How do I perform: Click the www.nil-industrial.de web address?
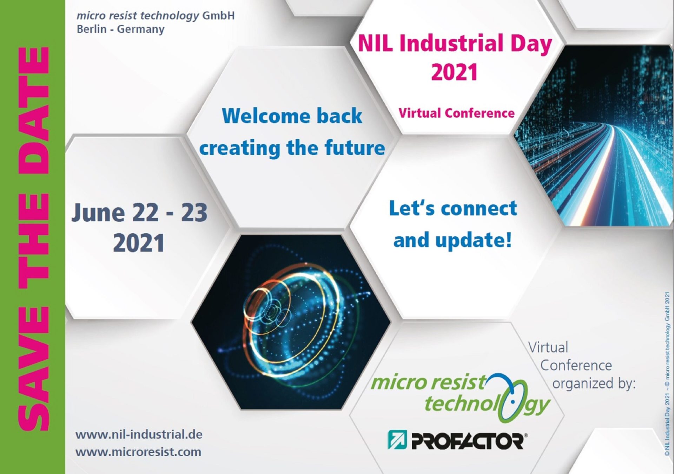[139, 434]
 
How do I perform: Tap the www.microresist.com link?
[138, 452]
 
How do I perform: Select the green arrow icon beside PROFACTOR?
[397, 440]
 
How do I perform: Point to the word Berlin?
[92, 29]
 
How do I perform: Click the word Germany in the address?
[140, 29]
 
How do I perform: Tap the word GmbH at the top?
[218, 15]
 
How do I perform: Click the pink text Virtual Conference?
[456, 113]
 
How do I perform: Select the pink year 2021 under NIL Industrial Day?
[455, 72]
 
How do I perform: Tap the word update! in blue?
[473, 240]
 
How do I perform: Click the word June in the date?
[98, 213]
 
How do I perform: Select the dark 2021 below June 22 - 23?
[139, 243]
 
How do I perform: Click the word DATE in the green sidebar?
[34, 110]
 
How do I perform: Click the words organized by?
[594, 384]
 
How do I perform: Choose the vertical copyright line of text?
[667, 374]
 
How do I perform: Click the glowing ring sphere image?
[290, 323]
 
